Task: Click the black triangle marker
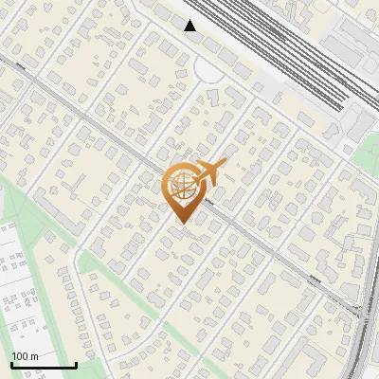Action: (190, 26)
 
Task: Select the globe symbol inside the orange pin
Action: (180, 187)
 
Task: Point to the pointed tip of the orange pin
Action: (180, 224)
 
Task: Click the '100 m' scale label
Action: (25, 356)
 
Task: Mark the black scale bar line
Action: (44, 365)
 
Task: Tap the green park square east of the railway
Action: (364, 152)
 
